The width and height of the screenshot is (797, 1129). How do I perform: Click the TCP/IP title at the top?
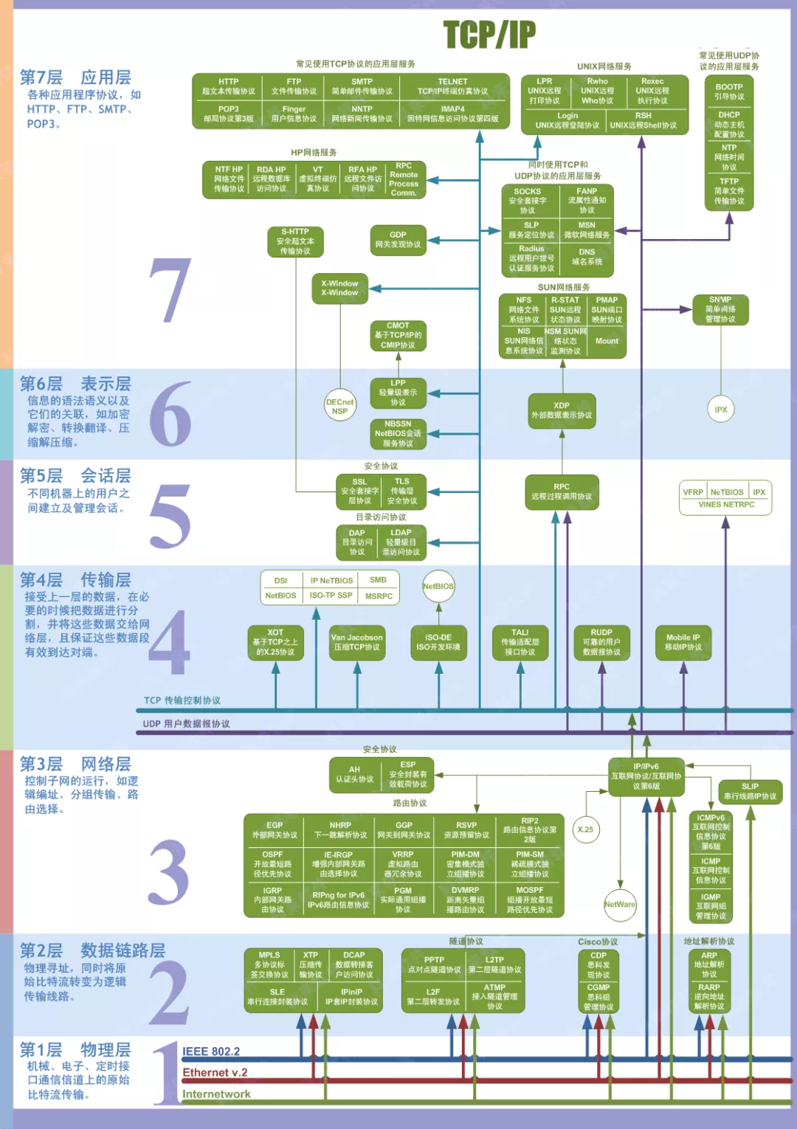point(489,34)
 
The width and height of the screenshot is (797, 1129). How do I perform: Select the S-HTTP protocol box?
point(295,241)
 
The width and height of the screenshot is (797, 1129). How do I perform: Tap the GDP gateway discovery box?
point(398,240)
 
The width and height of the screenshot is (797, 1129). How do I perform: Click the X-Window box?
point(339,288)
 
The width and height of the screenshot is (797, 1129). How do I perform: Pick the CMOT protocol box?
point(398,335)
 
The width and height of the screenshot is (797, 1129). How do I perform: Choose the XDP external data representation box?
point(562,410)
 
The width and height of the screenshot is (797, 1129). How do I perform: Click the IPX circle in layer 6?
point(721,410)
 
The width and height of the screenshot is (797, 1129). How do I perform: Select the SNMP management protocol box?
point(720,309)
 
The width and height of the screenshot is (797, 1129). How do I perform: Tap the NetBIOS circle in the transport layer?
point(438,586)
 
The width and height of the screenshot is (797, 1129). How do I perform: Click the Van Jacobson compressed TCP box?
point(357,642)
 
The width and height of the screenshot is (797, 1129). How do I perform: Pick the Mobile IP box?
point(683,642)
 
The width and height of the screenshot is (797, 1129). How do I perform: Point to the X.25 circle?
point(585,829)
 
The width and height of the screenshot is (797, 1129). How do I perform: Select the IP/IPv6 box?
point(646,776)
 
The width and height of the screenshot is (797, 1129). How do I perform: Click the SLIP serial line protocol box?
point(750,792)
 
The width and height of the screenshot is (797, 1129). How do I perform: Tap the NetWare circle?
point(619,904)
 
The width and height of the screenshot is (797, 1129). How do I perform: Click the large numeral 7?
point(170,291)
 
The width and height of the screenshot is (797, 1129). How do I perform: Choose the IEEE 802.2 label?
point(211,1052)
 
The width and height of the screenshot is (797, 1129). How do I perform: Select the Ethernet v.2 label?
point(215,1072)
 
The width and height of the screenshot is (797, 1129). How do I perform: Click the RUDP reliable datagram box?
point(601,642)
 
